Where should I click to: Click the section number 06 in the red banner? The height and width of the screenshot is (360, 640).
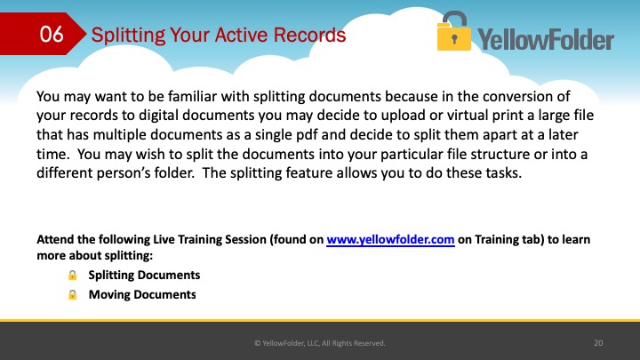pos(52,34)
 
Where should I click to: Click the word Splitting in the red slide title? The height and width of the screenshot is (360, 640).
pos(128,36)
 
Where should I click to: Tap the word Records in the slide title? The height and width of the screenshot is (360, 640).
pos(309,35)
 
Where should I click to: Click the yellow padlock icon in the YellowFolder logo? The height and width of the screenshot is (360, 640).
pos(454,31)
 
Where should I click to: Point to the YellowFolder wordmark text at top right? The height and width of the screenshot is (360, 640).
pos(546,40)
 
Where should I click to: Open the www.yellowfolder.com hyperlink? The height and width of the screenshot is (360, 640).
pos(390,240)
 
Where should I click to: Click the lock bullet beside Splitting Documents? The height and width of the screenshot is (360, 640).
pos(72,275)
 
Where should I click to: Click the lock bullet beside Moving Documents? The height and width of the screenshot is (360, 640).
pos(72,295)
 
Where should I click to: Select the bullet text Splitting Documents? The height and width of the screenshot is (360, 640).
pos(144,275)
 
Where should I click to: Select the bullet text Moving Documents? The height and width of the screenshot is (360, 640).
pos(142,295)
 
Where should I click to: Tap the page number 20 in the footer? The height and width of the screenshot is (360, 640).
pos(598,343)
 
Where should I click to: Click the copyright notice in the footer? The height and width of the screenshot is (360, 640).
pos(320,343)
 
